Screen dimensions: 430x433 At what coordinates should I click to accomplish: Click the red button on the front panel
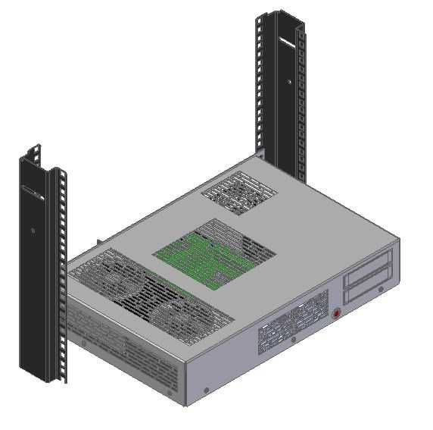(338, 312)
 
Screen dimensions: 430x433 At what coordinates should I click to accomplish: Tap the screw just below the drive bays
(380, 288)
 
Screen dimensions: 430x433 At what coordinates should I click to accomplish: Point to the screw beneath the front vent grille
(293, 339)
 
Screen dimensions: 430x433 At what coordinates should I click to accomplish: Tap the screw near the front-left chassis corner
(207, 391)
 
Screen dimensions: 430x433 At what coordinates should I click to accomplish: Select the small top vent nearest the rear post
(238, 190)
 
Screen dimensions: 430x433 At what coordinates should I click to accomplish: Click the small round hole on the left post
(33, 229)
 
